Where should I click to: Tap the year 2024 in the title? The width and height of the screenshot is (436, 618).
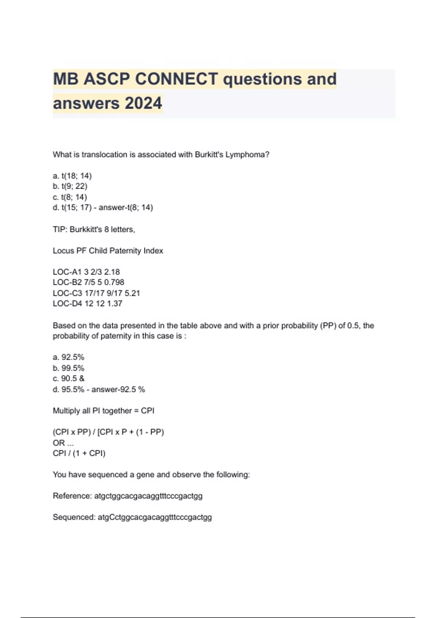[143, 103]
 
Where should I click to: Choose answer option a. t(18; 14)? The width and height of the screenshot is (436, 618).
[72, 176]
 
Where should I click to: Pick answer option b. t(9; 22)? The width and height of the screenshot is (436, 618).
[70, 186]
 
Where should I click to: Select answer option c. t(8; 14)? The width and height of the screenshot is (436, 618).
[70, 197]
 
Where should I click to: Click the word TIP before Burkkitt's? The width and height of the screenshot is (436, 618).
[59, 229]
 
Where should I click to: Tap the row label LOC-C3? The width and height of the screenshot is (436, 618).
[67, 293]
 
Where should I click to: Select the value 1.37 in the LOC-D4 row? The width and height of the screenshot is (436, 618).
[114, 304]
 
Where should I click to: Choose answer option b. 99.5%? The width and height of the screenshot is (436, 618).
[68, 368]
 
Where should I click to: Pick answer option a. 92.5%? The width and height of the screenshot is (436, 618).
[68, 357]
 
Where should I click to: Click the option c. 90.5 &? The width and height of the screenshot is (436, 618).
[68, 378]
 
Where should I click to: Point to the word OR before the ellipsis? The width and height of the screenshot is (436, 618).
[58, 443]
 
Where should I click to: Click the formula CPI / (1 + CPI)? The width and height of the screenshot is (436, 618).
[79, 453]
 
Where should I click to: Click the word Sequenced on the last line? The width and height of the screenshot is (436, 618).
[74, 517]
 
